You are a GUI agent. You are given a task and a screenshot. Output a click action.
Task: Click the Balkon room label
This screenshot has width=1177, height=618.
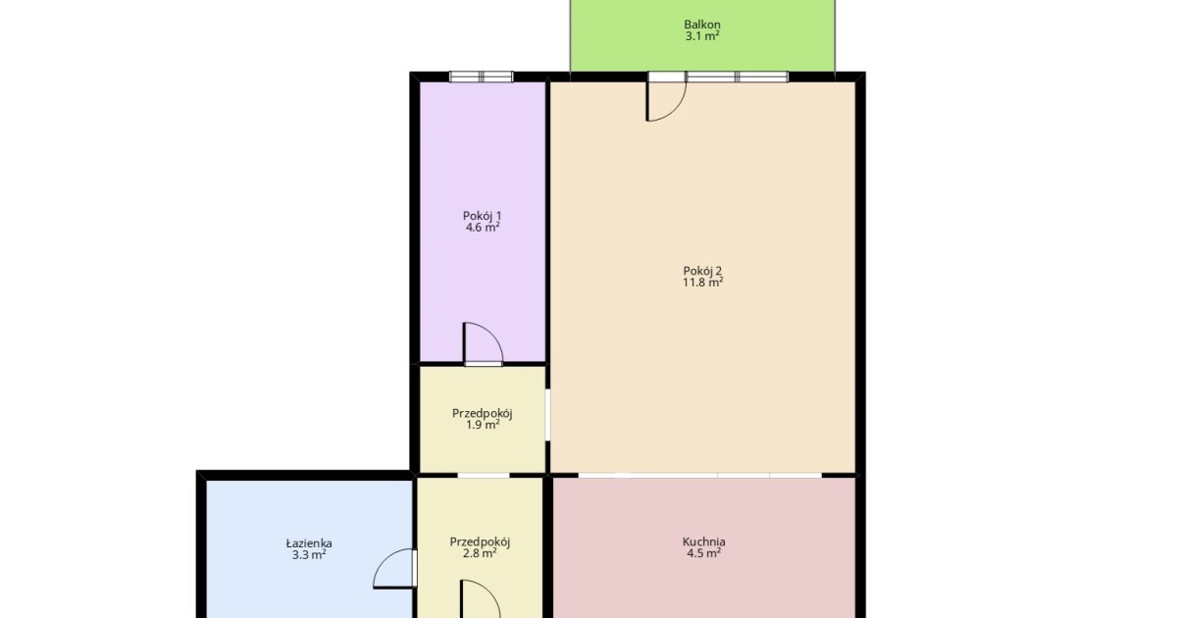click(x=702, y=25)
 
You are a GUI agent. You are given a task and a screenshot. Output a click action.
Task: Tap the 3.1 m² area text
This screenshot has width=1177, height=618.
click(x=702, y=35)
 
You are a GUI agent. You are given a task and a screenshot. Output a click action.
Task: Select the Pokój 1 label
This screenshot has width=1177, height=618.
click(x=482, y=216)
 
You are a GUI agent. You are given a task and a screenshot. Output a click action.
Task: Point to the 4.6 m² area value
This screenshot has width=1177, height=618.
click(x=483, y=228)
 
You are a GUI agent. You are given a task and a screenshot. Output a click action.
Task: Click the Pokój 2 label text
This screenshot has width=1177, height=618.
click(x=702, y=271)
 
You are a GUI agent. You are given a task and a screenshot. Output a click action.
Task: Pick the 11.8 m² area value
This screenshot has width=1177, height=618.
click(x=702, y=283)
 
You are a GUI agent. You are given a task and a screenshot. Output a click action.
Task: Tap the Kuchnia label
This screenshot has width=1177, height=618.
click(x=703, y=541)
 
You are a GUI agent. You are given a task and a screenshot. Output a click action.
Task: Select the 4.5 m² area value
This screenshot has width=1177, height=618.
click(x=703, y=553)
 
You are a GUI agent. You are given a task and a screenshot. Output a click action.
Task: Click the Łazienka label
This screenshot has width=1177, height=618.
click(x=309, y=542)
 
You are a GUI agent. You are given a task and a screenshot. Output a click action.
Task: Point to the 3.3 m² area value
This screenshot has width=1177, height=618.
click(x=309, y=554)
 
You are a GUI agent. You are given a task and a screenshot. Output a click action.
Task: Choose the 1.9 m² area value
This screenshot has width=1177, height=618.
click(x=483, y=425)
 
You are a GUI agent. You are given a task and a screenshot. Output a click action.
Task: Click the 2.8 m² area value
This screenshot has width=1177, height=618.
click(x=480, y=553)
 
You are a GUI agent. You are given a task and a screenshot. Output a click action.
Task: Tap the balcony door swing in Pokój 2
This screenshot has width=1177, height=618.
click(x=678, y=109)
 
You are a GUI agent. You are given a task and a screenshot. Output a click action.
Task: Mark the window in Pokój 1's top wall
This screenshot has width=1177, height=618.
click(x=481, y=77)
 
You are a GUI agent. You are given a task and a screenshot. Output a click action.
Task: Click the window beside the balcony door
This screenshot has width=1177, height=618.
click(x=738, y=77)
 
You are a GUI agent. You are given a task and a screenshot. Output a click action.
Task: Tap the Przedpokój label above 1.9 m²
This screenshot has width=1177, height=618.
click(x=483, y=413)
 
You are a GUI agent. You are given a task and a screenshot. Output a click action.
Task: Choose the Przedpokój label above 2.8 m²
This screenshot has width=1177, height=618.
click(x=480, y=541)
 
